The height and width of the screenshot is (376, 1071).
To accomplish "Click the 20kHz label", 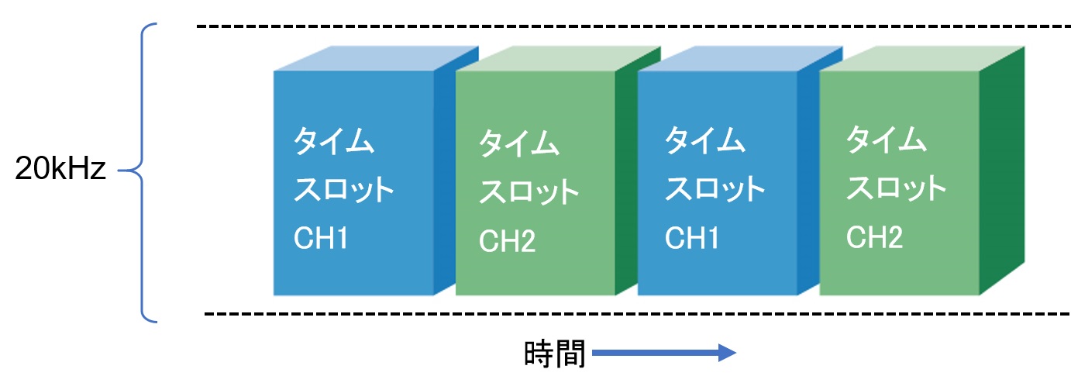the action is tap(60, 168).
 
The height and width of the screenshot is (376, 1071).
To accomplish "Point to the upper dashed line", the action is tap(633, 26).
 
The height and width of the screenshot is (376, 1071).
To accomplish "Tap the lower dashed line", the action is tap(637, 314).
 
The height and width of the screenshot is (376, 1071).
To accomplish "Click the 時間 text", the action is tap(555, 354).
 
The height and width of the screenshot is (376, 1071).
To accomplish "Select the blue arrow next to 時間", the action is tap(663, 353).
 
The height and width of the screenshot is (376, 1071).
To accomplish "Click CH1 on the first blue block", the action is tap(320, 238).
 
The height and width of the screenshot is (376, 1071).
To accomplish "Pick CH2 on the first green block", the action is tap(507, 240).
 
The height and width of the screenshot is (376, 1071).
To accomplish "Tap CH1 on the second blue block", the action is tap(691, 238).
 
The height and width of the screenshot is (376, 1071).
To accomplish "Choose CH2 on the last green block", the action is tap(874, 236).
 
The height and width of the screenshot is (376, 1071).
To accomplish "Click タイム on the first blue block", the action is tap(333, 140).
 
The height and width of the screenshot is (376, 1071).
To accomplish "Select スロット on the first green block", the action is tap(529, 191).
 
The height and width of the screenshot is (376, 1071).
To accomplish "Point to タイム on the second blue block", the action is tap(704, 140).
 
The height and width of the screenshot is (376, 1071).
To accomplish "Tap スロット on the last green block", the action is tap(897, 188).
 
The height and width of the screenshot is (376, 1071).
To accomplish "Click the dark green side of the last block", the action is tap(1002, 171).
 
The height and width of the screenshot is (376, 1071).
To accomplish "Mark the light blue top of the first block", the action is tap(376, 58).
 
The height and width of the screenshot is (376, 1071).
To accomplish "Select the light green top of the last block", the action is tap(922, 58).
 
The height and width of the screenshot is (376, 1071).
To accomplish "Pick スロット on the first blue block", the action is tap(343, 189).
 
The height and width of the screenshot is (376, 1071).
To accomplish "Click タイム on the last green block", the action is tap(887, 140).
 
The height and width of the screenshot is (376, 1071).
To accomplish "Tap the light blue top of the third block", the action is tap(740, 58).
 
